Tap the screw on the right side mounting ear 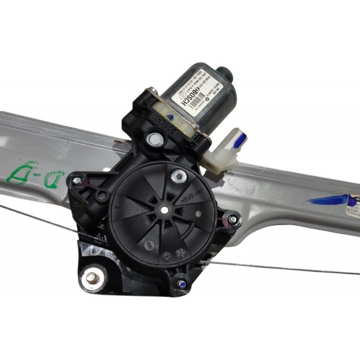pos(232,220)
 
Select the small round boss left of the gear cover pos(103,195)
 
